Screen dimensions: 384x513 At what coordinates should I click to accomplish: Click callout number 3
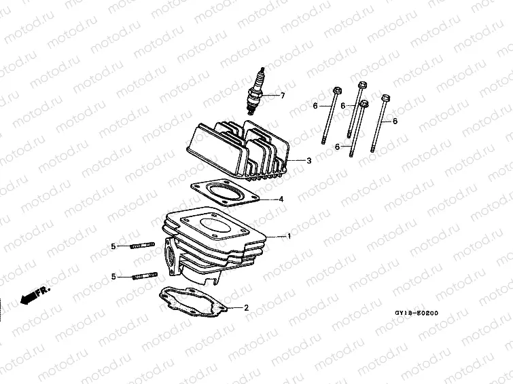[308, 161]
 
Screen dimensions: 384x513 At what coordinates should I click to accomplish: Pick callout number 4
[281, 199]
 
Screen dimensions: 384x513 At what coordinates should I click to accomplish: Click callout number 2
[246, 308]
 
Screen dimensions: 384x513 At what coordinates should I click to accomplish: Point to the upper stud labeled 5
[142, 245]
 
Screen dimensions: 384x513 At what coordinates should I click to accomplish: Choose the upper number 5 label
[114, 246]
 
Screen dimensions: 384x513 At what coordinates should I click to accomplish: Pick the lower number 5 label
[114, 276]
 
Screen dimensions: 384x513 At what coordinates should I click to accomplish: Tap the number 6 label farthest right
[395, 121]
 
